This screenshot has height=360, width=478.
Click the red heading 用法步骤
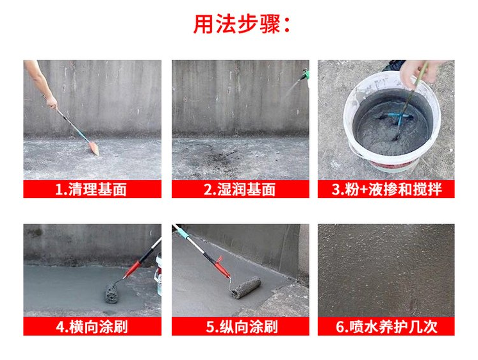click(x=237, y=24)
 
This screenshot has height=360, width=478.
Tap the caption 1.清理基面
click(x=91, y=190)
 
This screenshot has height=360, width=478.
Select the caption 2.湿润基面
click(x=240, y=190)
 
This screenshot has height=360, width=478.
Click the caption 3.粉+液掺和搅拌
click(x=386, y=190)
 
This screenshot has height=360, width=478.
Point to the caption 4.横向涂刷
click(x=92, y=327)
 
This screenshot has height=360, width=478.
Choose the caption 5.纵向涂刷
click(x=242, y=327)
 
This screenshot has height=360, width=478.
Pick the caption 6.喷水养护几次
click(x=386, y=327)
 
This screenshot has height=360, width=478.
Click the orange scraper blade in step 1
click(x=94, y=149)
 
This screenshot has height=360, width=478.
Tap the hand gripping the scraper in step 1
click(x=52, y=102)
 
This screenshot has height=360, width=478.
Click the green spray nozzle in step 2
click(x=305, y=74)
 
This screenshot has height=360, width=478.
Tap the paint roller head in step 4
click(x=111, y=293)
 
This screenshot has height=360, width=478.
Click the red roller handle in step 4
click(x=133, y=269)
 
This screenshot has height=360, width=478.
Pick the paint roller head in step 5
click(x=245, y=288)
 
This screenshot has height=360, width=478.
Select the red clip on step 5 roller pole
click(x=221, y=266)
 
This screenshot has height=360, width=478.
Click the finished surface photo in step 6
click(x=386, y=271)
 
